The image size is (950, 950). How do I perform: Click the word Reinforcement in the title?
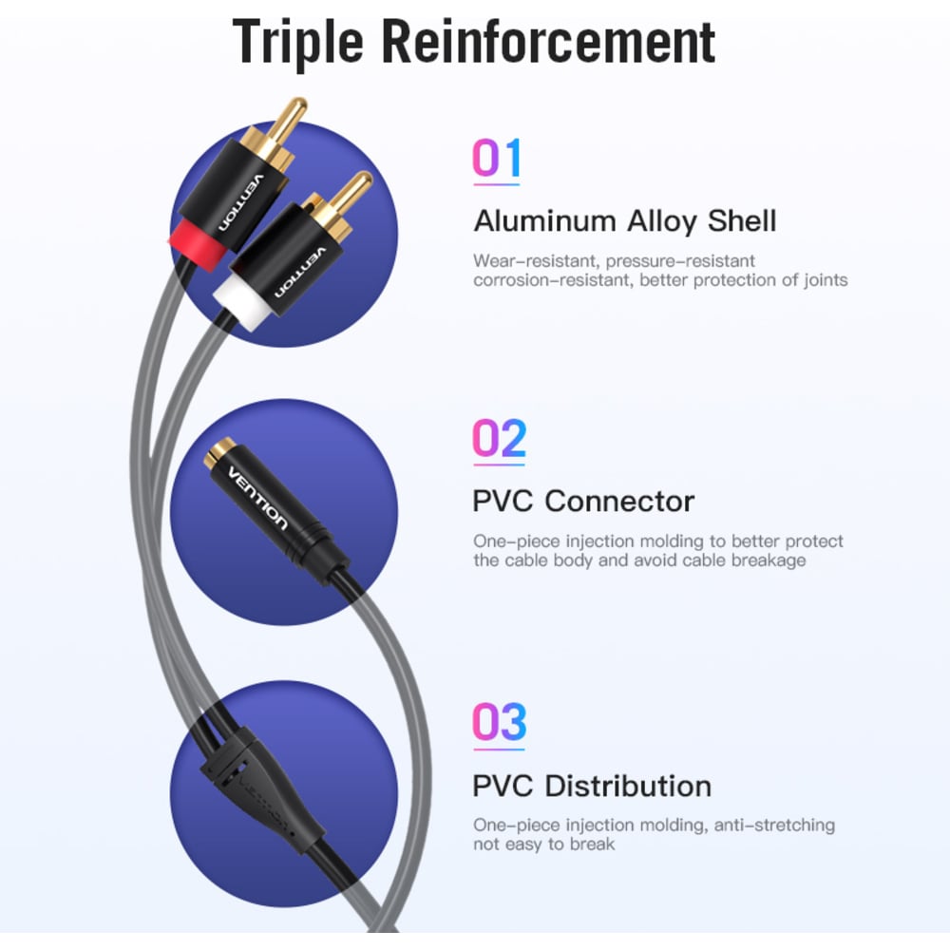549,41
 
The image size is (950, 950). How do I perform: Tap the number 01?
496,158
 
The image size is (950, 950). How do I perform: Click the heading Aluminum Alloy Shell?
625,221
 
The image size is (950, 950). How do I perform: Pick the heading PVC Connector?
583,502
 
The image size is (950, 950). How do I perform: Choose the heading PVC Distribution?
592,787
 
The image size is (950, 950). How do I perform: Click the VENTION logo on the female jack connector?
256,498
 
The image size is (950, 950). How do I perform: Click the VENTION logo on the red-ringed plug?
241,203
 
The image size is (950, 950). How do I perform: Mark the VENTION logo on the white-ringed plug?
300,272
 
